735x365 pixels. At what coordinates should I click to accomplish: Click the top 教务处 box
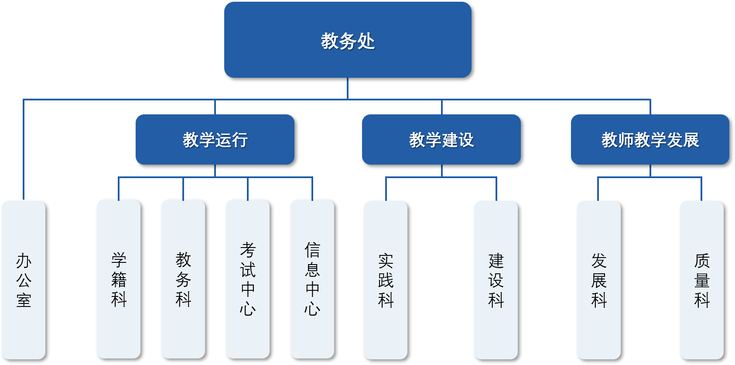tap(348, 40)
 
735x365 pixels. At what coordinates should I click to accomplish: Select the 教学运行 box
tap(215, 140)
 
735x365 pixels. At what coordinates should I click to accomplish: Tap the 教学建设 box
tap(441, 140)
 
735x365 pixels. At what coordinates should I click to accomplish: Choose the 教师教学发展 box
tap(650, 140)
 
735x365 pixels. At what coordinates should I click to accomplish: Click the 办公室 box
tap(24, 280)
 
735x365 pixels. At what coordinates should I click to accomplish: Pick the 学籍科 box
tap(119, 279)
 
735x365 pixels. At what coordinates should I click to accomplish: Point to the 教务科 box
tap(183, 279)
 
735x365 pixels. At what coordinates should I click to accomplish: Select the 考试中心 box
tap(248, 279)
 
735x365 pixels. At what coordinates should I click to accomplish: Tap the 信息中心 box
tap(312, 279)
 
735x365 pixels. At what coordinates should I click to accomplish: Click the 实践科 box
tap(386, 280)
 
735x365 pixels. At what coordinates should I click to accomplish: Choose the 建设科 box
tap(496, 280)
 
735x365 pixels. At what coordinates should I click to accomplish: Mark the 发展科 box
tap(599, 280)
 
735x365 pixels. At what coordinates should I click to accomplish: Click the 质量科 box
tap(702, 280)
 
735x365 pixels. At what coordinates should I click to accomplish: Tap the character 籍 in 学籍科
tap(119, 279)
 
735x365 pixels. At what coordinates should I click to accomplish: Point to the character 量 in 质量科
tap(702, 280)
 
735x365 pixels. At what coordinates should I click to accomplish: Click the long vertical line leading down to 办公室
tap(24, 148)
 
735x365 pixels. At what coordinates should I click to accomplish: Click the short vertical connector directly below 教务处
tap(348, 88)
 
